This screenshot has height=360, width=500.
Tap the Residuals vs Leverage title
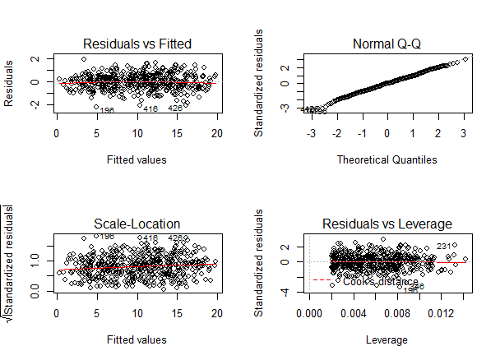coord(387,224)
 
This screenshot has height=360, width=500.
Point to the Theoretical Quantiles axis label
coord(387,159)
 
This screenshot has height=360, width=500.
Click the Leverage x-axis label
coord(387,339)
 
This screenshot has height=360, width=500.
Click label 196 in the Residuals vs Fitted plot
coord(106,110)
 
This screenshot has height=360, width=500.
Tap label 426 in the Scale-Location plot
coord(175,238)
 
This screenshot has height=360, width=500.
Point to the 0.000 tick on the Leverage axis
coord(310,313)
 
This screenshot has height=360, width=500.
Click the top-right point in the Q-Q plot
coord(465,59)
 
